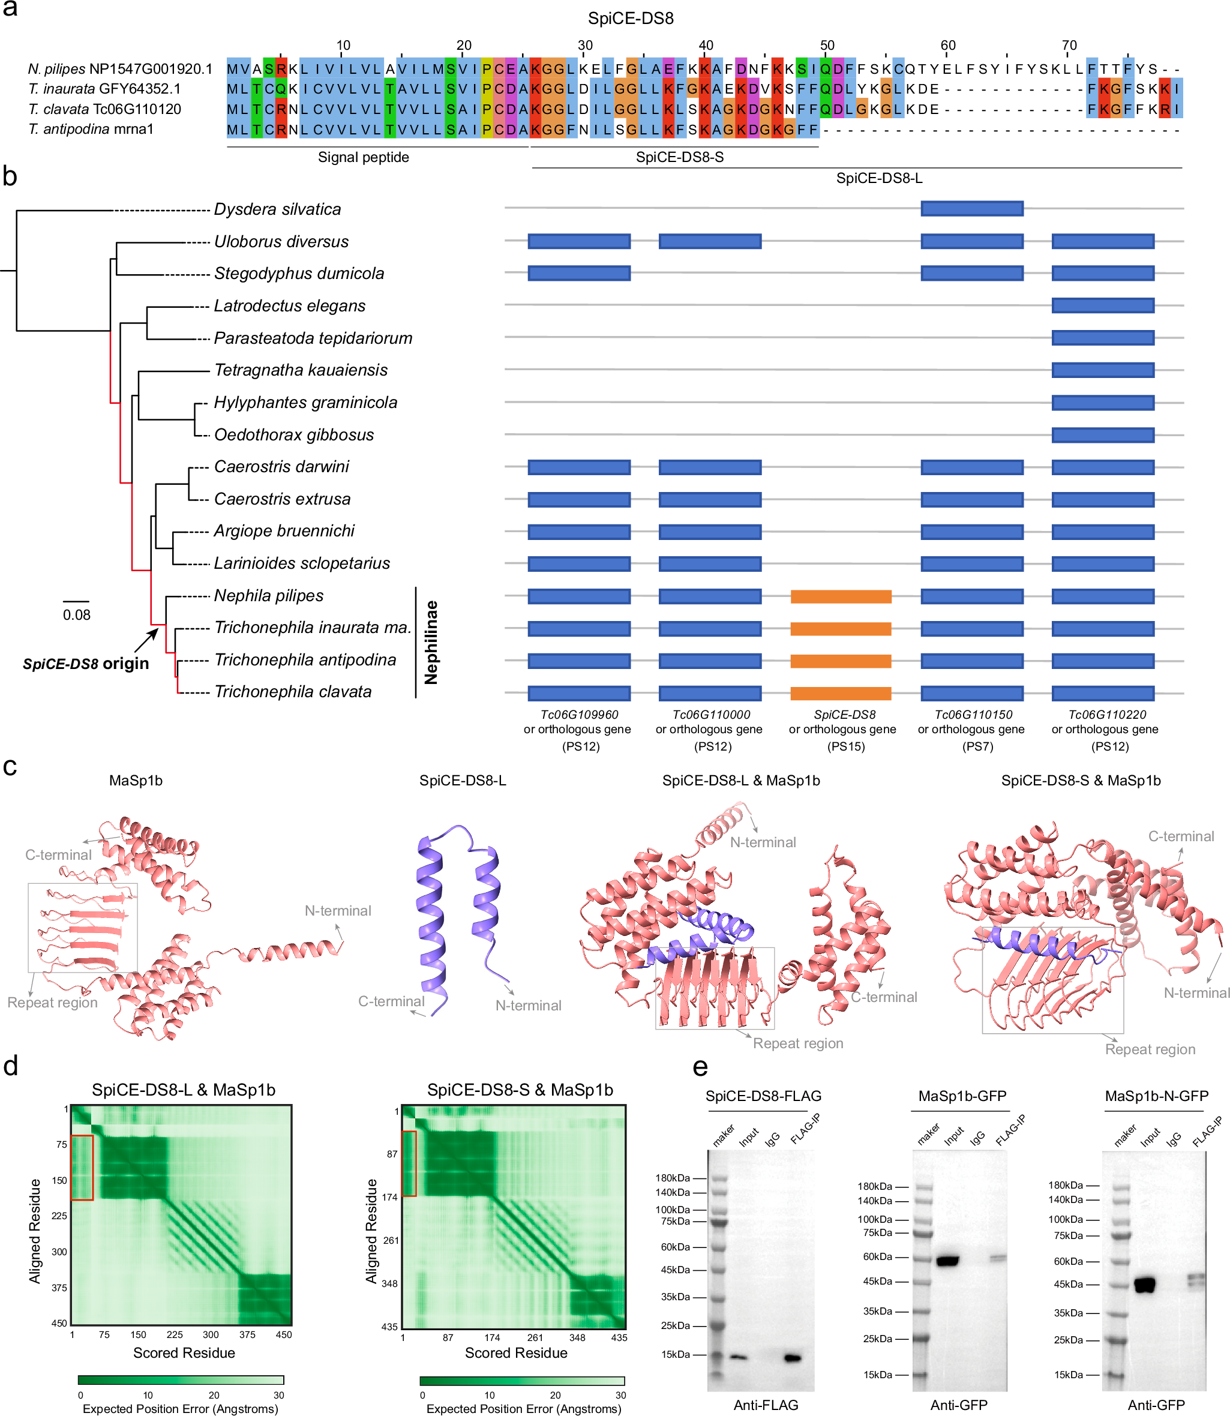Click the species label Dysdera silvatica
tap(277, 209)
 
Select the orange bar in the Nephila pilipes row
tap(841, 596)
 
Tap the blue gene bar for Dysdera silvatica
tap(972, 209)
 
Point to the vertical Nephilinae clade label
tap(431, 643)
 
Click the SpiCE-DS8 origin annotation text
tap(86, 664)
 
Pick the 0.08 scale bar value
tap(76, 615)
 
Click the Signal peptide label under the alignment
tap(363, 157)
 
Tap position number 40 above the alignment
tap(706, 46)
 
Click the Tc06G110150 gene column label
tap(973, 715)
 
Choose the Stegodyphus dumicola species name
tap(299, 273)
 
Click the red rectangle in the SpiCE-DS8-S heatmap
tap(409, 1163)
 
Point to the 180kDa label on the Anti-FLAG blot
tap(673, 1178)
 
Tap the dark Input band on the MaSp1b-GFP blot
tap(948, 1261)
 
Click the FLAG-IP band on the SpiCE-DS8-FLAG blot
tap(793, 1358)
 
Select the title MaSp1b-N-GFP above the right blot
tap(1157, 1096)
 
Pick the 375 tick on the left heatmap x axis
tap(247, 1335)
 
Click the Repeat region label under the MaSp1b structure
tap(52, 1002)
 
